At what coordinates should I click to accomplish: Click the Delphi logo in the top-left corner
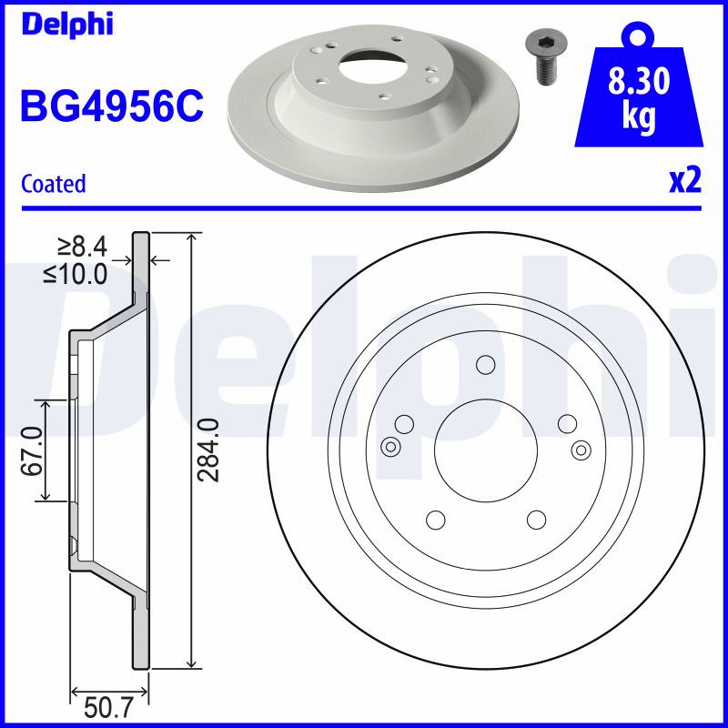[x=66, y=24]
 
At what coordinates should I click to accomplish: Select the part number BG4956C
[x=112, y=106]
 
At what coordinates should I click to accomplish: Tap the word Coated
[x=54, y=184]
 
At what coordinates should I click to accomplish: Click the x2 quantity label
[x=685, y=180]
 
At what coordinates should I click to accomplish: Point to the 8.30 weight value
[x=639, y=81]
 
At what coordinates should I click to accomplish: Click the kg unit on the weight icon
[x=639, y=116]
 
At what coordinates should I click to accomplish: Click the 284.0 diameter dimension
[x=207, y=450]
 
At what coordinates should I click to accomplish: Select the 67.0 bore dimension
[x=32, y=450]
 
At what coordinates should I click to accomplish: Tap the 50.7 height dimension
[x=108, y=708]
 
